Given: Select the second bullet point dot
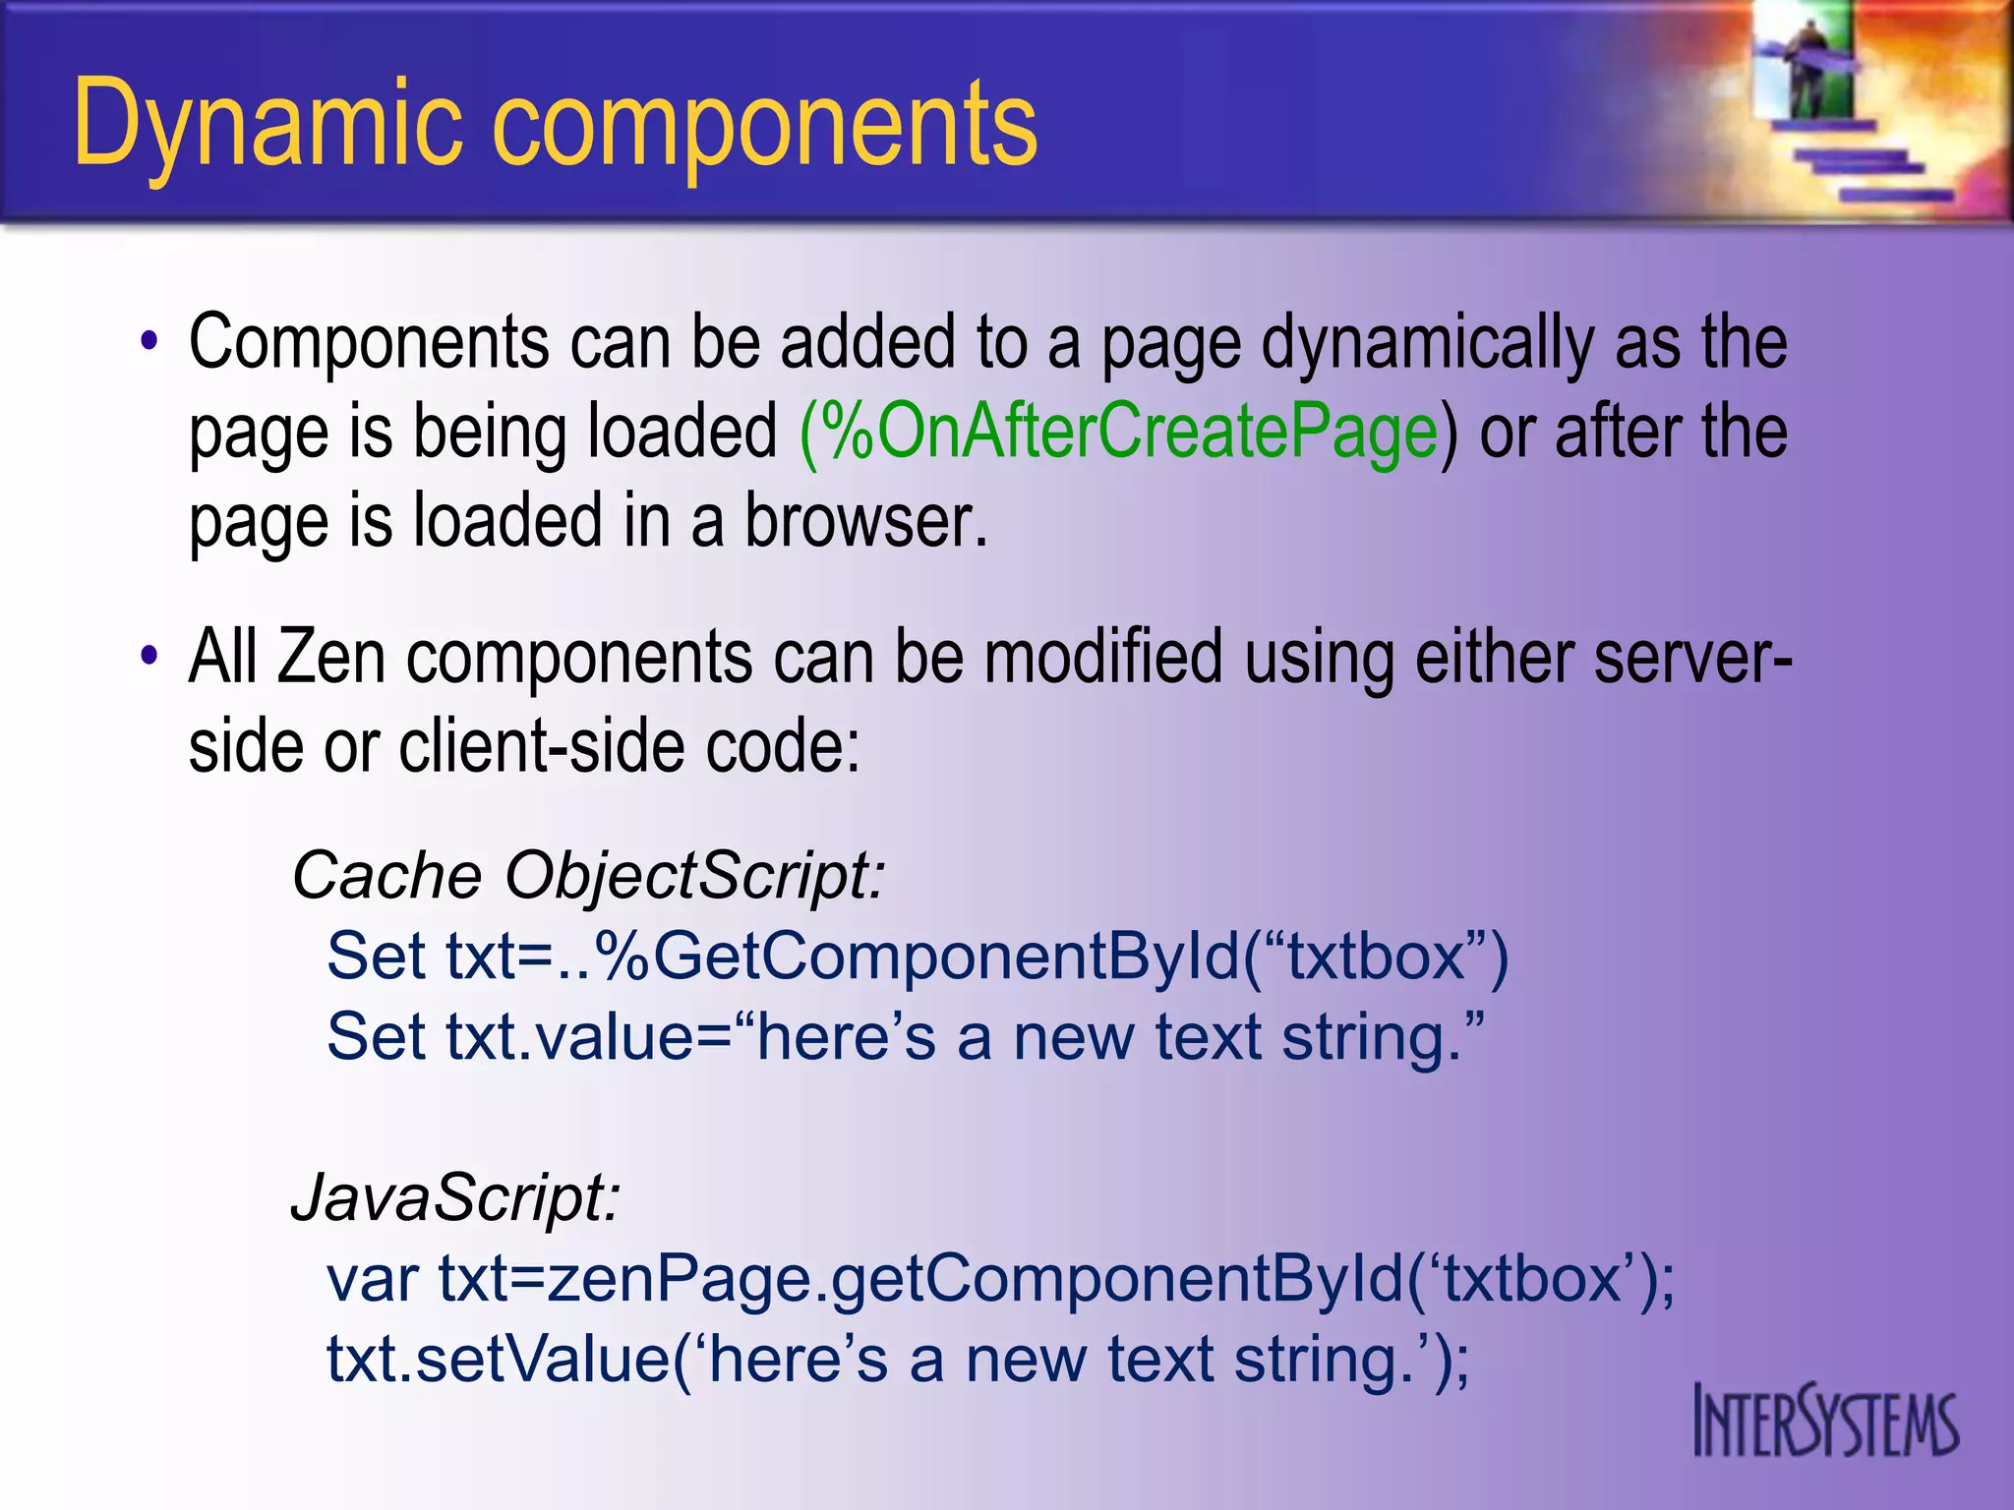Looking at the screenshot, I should point(148,657).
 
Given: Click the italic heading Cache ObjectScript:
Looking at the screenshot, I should point(588,875).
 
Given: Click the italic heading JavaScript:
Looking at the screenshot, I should point(455,1197).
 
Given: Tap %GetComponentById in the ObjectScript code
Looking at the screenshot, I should point(915,956).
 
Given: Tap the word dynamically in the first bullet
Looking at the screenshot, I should point(1428,344).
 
